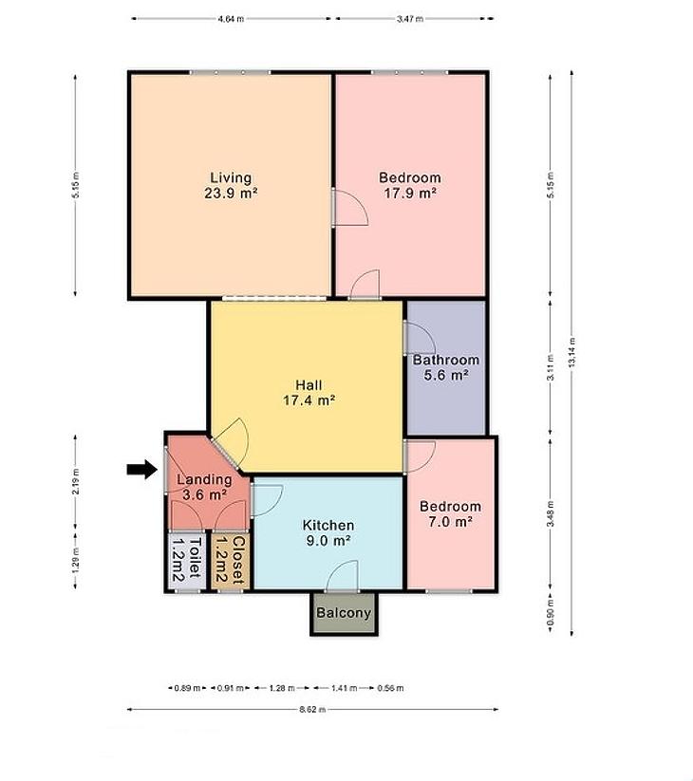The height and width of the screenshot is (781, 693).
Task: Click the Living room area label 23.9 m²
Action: coord(231,185)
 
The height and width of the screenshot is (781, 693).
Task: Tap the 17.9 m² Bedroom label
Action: coord(410,185)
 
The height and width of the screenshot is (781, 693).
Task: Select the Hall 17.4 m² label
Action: coord(309,393)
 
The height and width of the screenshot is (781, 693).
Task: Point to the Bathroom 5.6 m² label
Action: coord(446,367)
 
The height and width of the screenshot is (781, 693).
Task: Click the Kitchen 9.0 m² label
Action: coord(328,533)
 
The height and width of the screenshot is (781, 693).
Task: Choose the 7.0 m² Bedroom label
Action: coord(450,514)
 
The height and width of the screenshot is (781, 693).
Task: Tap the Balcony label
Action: coord(344,613)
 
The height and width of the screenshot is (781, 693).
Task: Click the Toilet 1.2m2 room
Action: coord(187,561)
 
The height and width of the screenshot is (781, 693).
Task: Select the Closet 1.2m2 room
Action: coord(230,561)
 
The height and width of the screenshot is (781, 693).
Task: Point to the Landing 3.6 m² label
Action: coord(205,487)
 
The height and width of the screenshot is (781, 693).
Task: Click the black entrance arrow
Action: coord(142,469)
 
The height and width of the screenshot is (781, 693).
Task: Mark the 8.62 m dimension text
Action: coord(312,709)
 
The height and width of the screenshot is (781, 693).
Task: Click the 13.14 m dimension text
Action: coord(571,352)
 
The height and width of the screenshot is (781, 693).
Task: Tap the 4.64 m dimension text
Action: coord(231,19)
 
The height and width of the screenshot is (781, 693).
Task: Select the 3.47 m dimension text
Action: coord(410,19)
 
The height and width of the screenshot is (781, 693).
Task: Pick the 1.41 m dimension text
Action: coord(345,688)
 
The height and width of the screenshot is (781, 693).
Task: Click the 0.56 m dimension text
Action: coord(390,688)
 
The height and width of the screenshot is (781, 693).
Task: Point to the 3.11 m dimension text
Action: coord(550,367)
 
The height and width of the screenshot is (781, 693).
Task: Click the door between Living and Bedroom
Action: coord(349,208)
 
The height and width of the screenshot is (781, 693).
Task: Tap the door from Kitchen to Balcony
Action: coord(342,576)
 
